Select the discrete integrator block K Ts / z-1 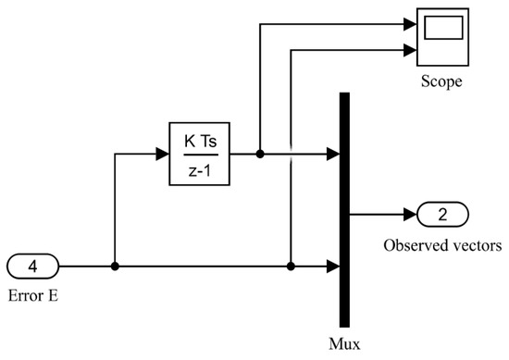click(x=199, y=153)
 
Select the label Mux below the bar click(x=345, y=340)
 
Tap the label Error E click(x=34, y=297)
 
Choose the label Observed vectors click(x=442, y=247)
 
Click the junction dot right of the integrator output click(x=260, y=154)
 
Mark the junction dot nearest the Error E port click(x=114, y=267)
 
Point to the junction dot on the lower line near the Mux click(x=291, y=267)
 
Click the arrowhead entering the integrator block click(x=164, y=154)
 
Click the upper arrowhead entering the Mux click(x=334, y=154)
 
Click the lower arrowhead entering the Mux click(x=334, y=267)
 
